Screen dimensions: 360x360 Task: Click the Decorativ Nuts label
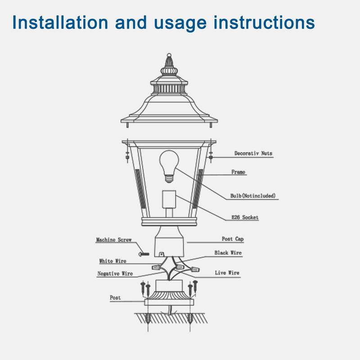click(253, 153)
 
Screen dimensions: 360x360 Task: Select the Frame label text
click(239, 172)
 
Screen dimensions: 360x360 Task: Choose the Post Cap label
click(233, 239)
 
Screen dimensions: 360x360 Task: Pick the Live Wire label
click(227, 273)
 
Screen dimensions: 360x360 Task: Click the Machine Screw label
click(113, 240)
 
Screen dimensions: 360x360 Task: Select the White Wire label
click(112, 261)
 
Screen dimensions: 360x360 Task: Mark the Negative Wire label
click(115, 273)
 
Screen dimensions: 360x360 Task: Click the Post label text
click(115, 297)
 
